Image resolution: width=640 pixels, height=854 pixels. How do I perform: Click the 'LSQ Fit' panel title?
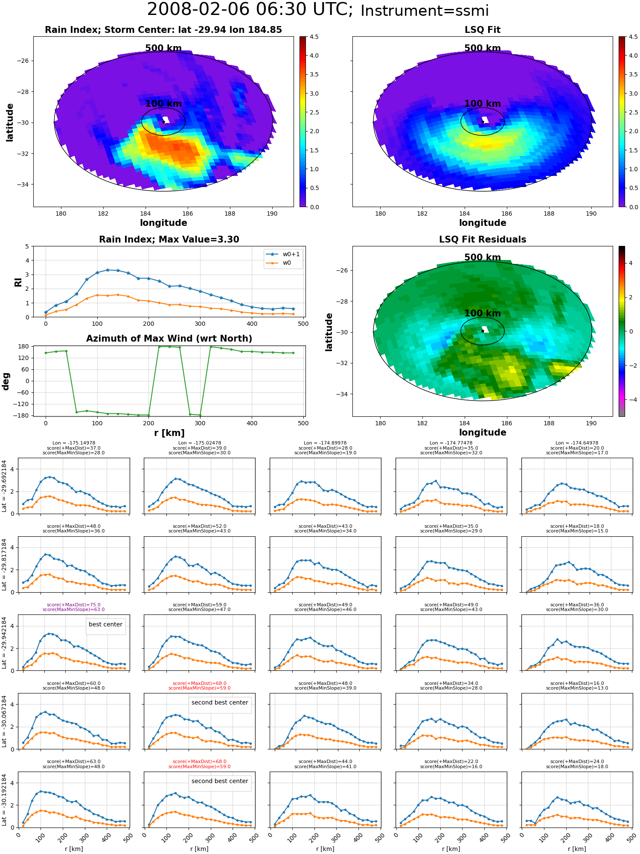pyautogui.click(x=482, y=30)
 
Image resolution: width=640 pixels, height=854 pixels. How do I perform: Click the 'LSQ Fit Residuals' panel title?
pyautogui.click(x=482, y=240)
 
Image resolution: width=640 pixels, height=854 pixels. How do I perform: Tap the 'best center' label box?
pyautogui.click(x=105, y=624)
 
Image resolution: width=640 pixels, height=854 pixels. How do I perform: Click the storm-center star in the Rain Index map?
pyautogui.click(x=163, y=122)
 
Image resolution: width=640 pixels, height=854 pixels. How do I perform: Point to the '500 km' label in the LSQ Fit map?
pyautogui.click(x=482, y=48)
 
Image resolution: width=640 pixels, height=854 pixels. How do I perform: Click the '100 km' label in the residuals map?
pyautogui.click(x=482, y=313)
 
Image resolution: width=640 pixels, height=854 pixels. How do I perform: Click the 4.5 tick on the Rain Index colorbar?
pyautogui.click(x=314, y=37)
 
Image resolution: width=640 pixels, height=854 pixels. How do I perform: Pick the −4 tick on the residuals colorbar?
pyautogui.click(x=631, y=400)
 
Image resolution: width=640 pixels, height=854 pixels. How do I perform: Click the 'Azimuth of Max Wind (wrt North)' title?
pyautogui.click(x=169, y=339)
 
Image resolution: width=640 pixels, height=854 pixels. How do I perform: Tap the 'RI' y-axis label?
pyautogui.click(x=18, y=282)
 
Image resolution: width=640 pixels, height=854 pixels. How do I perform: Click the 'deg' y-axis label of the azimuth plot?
pyautogui.click(x=6, y=381)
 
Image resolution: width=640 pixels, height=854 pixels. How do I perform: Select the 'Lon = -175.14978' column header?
pyautogui.click(x=73, y=443)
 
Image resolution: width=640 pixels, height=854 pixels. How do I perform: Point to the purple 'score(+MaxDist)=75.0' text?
pyautogui.click(x=73, y=605)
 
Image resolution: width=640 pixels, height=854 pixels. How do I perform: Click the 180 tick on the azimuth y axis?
pyautogui.click(x=24, y=346)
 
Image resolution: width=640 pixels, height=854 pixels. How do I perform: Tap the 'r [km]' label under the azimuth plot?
pyautogui.click(x=169, y=433)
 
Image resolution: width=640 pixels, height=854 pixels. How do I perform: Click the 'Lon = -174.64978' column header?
pyautogui.click(x=577, y=443)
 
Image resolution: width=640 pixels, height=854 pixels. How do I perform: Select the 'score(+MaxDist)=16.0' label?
pyautogui.click(x=577, y=684)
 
